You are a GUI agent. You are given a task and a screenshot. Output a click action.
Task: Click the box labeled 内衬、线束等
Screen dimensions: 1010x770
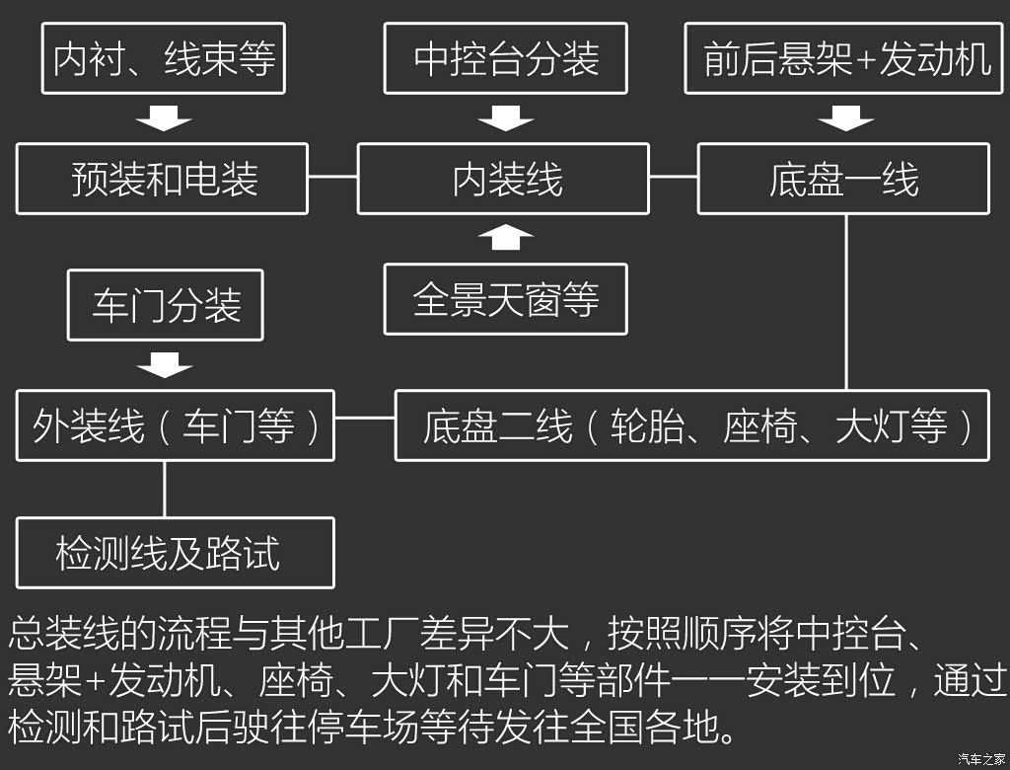[164, 58]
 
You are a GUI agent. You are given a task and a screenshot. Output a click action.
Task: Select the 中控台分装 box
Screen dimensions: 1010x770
[506, 58]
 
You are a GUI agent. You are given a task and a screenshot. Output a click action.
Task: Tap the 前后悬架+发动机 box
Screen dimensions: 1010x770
[844, 58]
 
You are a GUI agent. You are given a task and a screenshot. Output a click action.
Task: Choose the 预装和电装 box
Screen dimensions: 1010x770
[163, 179]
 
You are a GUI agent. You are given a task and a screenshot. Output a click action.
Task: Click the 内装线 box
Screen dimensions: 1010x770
[503, 179]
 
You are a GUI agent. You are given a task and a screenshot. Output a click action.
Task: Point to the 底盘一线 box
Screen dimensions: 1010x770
[844, 179]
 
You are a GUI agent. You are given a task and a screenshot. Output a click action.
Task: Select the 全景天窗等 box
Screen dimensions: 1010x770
[506, 299]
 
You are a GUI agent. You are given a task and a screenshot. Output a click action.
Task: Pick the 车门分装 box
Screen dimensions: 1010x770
[166, 305]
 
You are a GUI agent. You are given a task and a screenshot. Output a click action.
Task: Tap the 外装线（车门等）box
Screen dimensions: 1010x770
[176, 425]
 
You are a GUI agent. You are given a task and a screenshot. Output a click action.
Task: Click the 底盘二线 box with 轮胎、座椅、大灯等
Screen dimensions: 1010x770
[692, 425]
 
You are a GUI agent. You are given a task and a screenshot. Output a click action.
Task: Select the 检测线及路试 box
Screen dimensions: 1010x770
[176, 553]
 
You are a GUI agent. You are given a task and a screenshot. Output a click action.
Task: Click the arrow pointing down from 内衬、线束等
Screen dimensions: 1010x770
[164, 118]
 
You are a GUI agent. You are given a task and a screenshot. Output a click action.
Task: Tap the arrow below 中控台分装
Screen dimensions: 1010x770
[506, 118]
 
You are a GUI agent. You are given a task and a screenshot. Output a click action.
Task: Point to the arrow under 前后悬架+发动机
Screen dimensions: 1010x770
[845, 118]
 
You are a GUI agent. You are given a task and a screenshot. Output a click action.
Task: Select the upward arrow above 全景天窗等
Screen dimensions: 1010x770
[506, 237]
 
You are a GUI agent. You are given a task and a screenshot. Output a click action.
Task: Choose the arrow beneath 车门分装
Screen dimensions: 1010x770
[165, 365]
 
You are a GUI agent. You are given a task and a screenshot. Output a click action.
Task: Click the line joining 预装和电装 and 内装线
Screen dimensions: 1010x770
[333, 176]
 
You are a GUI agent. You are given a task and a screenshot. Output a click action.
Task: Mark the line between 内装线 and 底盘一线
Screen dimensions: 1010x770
[674, 176]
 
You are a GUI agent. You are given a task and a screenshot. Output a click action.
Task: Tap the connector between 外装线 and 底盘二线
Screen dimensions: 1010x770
[365, 418]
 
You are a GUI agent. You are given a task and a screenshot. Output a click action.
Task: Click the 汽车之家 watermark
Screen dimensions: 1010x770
[981, 759]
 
